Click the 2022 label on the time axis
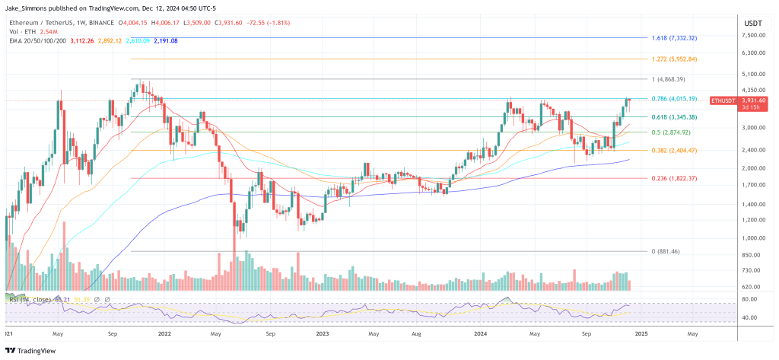[164, 333]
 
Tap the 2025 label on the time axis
[641, 333]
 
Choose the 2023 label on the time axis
[322, 333]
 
